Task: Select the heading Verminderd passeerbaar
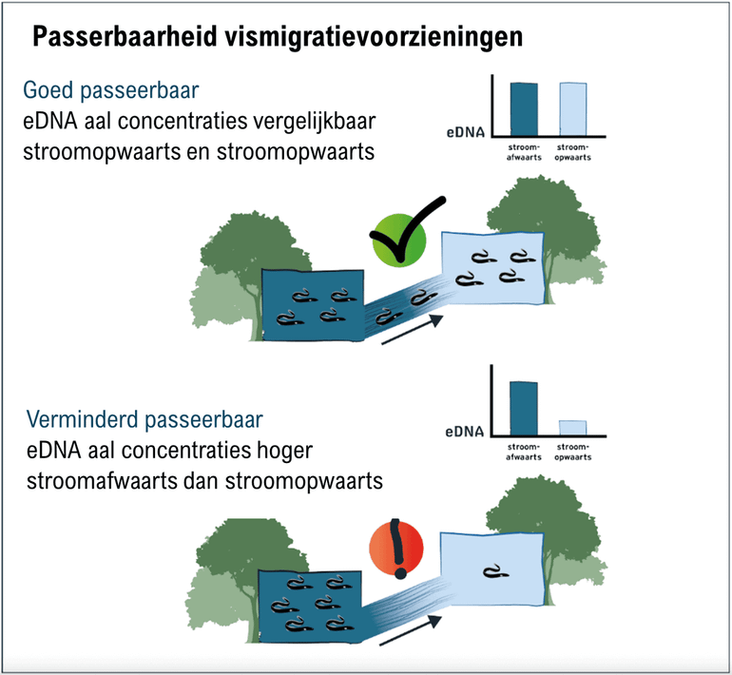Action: (x=144, y=419)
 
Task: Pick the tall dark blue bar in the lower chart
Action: (x=524, y=408)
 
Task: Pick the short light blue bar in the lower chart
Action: (x=572, y=427)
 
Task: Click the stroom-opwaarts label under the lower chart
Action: (x=572, y=451)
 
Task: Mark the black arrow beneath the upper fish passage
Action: (x=412, y=330)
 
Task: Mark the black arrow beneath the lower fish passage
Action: (x=412, y=634)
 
